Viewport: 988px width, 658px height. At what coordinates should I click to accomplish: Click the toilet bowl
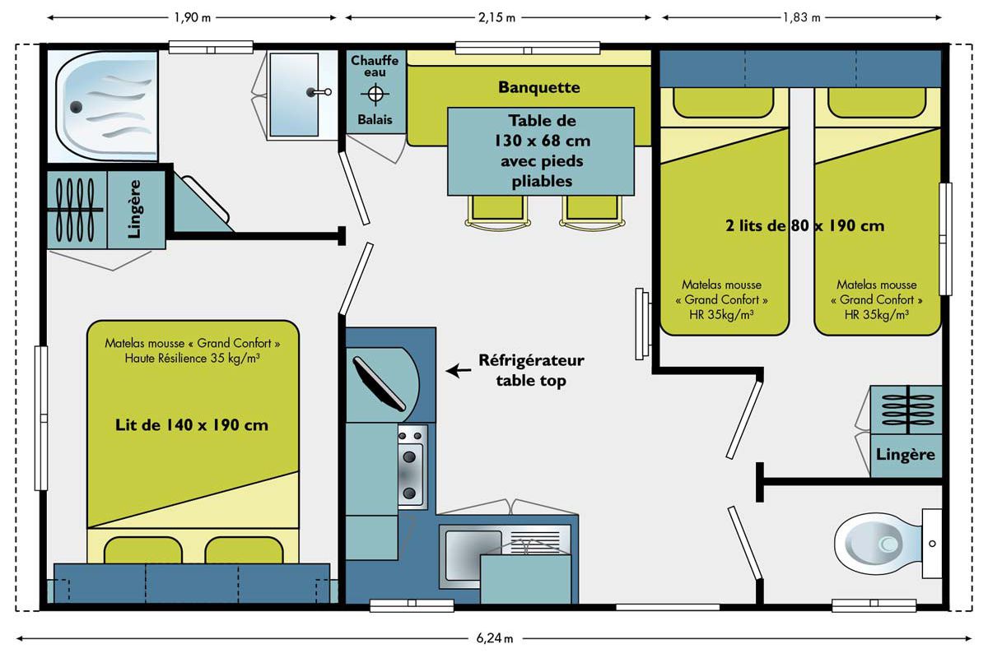tap(878, 544)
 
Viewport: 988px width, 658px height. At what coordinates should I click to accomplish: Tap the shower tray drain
tap(76, 107)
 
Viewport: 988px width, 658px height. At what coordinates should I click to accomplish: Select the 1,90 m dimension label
tap(193, 17)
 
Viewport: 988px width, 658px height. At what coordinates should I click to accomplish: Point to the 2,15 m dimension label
tap(496, 17)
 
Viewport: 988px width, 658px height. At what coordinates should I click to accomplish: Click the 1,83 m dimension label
tap(801, 17)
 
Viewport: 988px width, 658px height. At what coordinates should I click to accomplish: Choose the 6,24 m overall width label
tap(495, 638)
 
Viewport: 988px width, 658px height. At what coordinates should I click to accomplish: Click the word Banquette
tap(539, 87)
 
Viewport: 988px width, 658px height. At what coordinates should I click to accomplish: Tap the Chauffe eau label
tap(375, 66)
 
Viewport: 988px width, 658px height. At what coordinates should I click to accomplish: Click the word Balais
tap(375, 119)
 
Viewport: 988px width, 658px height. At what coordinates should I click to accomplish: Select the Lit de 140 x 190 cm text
tap(191, 425)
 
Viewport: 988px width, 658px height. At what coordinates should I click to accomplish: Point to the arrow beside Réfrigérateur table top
tap(459, 371)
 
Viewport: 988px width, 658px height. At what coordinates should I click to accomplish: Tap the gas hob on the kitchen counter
tap(412, 467)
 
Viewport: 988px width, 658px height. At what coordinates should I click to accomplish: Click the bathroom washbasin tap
tap(319, 92)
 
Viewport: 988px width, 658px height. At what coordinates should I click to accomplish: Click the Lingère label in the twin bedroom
tap(905, 454)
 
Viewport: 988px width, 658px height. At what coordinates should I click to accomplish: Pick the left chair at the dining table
tap(497, 212)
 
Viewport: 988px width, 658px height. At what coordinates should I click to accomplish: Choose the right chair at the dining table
tap(592, 212)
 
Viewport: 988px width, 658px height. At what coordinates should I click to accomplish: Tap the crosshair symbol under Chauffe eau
tap(375, 94)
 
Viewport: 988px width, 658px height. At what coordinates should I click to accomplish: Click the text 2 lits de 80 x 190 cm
tap(805, 225)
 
